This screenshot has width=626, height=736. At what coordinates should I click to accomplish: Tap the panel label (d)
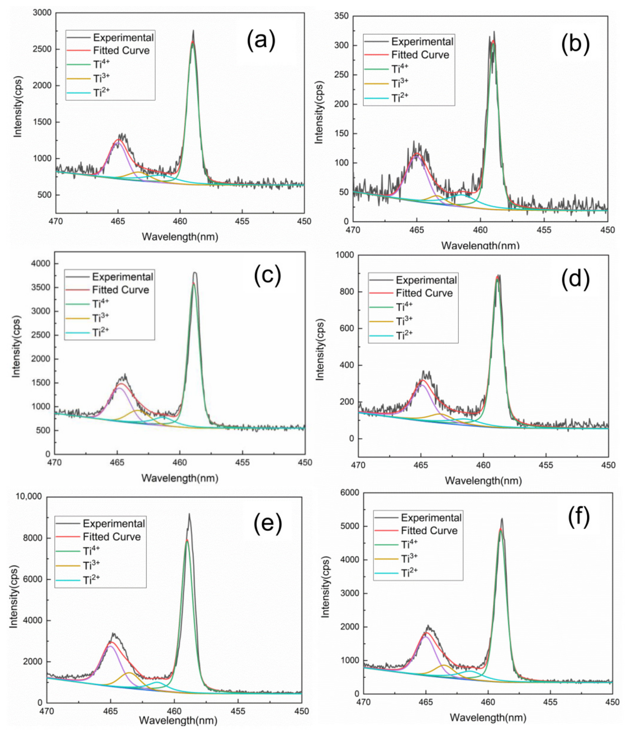[x=575, y=278]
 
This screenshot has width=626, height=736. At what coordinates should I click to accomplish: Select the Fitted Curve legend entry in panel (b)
[x=420, y=55]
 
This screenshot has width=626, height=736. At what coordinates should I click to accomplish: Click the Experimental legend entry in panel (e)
[x=114, y=523]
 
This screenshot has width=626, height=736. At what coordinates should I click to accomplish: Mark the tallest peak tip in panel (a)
[x=193, y=31]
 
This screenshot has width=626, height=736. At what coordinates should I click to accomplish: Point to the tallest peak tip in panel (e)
[x=189, y=514]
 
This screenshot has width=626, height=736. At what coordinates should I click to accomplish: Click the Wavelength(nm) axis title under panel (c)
[x=180, y=478]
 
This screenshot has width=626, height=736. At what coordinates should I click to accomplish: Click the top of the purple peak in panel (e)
[x=111, y=646]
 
